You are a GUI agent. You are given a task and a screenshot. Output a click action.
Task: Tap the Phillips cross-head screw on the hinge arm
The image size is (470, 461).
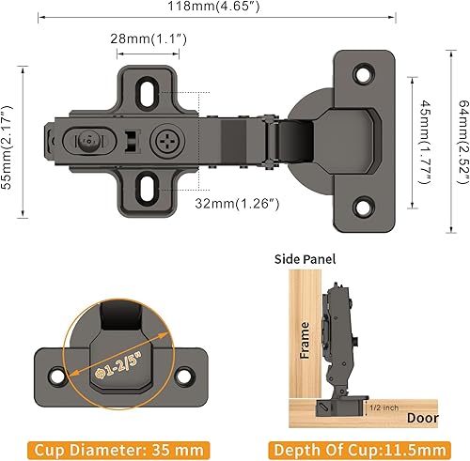[x=163, y=143]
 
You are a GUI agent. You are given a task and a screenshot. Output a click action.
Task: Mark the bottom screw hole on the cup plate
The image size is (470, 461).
[x=365, y=179]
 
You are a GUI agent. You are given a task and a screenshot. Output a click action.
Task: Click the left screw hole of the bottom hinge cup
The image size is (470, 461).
[x=54, y=376]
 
